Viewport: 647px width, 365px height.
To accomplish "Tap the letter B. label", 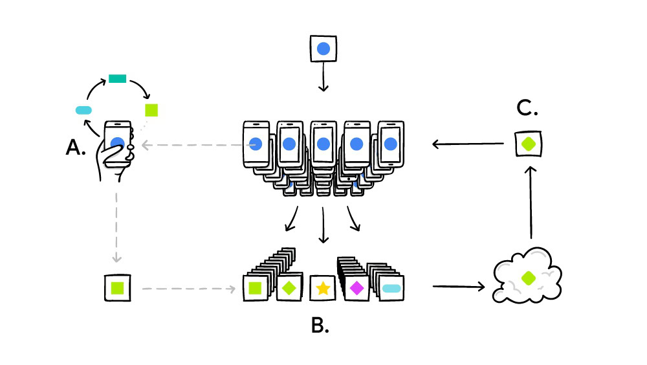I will point(320,326).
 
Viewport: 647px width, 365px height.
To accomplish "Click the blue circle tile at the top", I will point(323,49).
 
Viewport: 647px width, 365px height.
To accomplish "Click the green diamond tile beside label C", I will point(529,144).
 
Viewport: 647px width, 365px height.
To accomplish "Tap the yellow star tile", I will point(323,289).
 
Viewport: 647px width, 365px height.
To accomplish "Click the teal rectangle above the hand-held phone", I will point(117,79).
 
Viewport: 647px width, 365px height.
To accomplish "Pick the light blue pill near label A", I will point(84,110).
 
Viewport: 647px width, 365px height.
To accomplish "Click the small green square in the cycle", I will point(151,109).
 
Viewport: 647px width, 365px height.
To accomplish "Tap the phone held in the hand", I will point(117,144).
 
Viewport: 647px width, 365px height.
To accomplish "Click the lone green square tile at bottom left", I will point(118,287).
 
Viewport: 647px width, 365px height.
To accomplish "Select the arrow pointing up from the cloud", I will point(531,201).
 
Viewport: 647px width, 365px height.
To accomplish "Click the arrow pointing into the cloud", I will point(458,285).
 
